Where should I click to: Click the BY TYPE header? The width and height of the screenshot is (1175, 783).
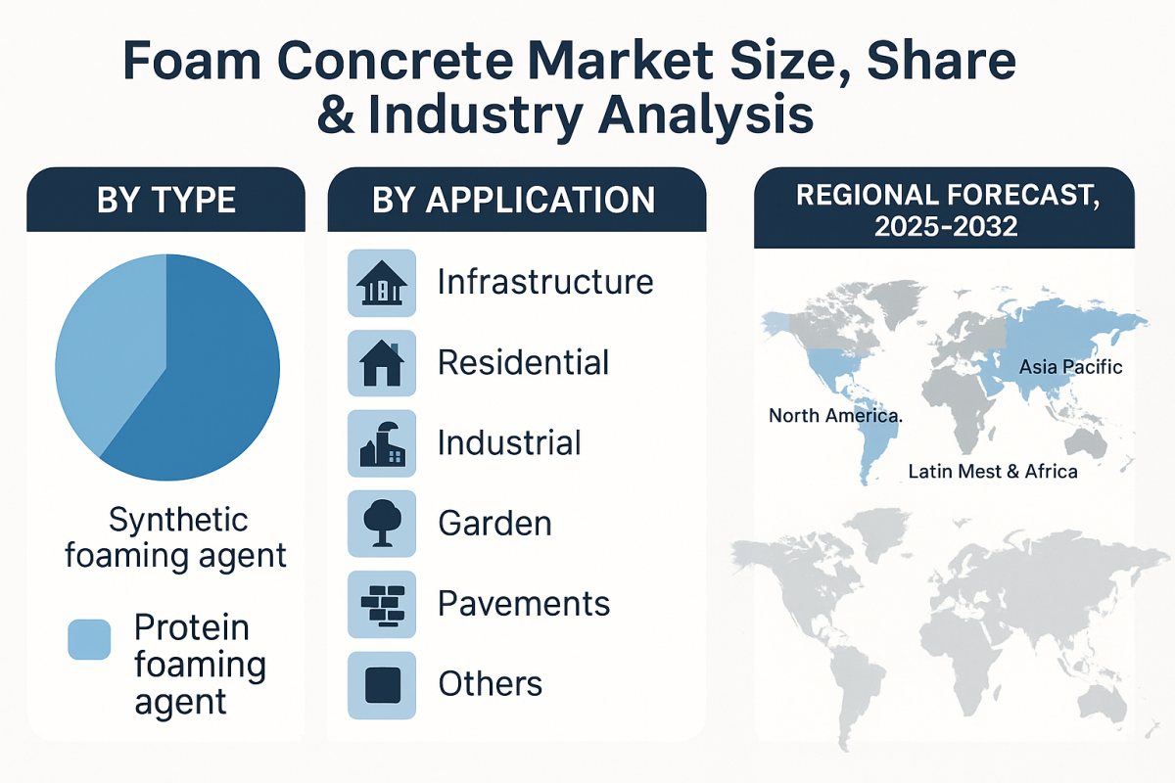point(165,200)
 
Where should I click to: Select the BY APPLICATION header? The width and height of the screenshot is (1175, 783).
point(514,200)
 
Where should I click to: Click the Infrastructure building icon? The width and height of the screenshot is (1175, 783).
point(382,283)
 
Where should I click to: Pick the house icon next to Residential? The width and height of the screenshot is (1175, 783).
point(382,363)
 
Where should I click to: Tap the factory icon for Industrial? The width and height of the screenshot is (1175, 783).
point(382,443)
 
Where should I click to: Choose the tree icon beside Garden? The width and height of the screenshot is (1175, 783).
point(382,524)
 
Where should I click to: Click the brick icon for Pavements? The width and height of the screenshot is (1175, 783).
point(382,604)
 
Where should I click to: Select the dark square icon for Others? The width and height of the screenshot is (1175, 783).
point(382,684)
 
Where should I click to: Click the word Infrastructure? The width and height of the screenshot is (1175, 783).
point(545,282)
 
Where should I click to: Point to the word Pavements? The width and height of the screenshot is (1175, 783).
point(524,604)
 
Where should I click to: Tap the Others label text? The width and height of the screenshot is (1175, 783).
point(490,684)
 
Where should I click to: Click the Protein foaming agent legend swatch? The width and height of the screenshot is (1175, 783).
point(89,639)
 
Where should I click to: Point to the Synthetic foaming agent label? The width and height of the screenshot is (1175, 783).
point(175,537)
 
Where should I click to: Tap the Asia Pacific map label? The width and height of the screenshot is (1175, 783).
point(1070,368)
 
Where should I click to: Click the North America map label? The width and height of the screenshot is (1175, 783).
point(835,416)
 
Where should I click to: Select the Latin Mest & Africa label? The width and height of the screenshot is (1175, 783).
point(992,472)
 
